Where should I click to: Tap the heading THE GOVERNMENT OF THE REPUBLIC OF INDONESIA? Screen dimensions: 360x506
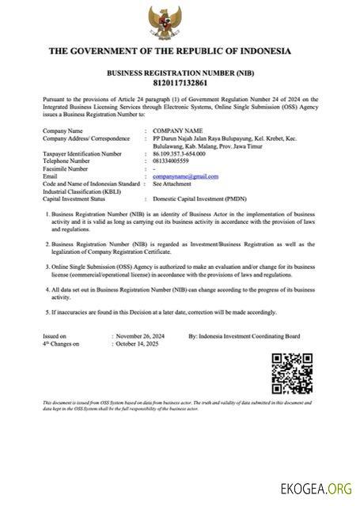pyautogui.click(x=169, y=51)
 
